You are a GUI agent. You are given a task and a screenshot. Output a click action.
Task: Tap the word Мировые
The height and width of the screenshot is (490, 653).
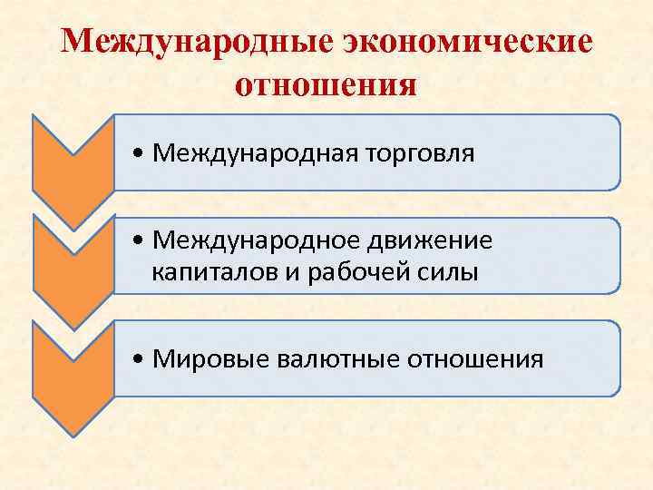[206, 358]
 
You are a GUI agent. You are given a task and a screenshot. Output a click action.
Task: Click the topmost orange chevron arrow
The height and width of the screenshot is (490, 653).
[73, 159]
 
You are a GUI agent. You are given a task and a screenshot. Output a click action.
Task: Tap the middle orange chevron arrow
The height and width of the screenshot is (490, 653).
[73, 263]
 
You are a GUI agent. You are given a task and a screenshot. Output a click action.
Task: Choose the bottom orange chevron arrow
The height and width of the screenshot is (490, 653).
[73, 367]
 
